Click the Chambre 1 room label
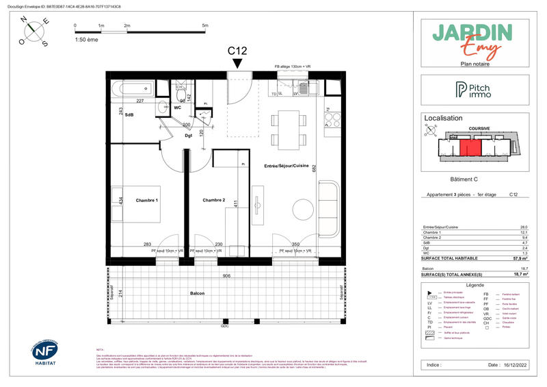click(x=147, y=200)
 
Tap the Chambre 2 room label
click(x=214, y=200)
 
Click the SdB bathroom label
click(x=128, y=114)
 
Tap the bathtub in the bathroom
click(x=135, y=89)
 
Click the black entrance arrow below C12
click(x=237, y=63)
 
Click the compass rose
click(x=36, y=32)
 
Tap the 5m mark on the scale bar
click(x=205, y=26)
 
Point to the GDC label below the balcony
click(x=224, y=326)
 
